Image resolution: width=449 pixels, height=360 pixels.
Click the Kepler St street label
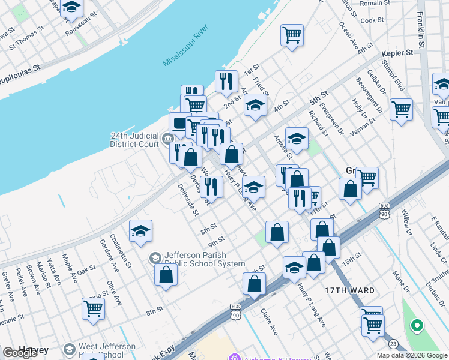(x=397, y=53)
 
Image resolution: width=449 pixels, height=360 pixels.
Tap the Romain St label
(x=376, y=3)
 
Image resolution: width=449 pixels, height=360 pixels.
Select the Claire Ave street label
(x=269, y=322)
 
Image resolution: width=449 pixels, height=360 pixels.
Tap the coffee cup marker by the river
(x=179, y=124)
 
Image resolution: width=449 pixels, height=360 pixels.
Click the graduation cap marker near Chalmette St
(x=140, y=230)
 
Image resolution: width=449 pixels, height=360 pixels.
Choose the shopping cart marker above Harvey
(x=93, y=308)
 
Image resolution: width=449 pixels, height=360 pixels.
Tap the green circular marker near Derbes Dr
(x=415, y=326)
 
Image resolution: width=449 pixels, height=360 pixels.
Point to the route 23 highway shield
(x=393, y=343)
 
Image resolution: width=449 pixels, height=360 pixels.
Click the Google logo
(x=21, y=352)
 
